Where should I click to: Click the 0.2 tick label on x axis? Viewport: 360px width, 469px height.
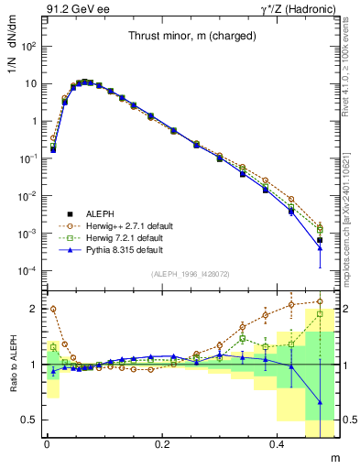pyautogui.click(x=162, y=444)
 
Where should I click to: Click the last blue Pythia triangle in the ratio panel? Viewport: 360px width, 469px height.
pyautogui.click(x=320, y=402)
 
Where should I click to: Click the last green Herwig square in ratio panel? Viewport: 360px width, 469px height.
pyautogui.click(x=320, y=313)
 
